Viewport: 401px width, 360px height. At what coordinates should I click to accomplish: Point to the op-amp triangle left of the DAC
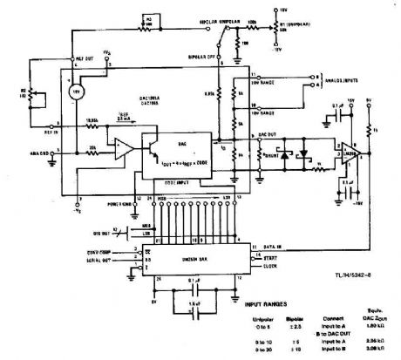[x=121, y=143]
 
